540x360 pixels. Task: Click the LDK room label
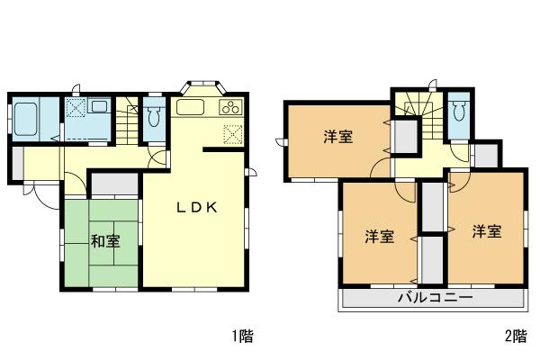(196, 206)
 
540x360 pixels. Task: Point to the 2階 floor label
(515, 337)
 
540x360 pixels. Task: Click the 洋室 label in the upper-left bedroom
(338, 137)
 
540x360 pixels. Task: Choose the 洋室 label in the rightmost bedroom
(486, 231)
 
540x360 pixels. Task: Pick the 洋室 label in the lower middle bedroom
(379, 237)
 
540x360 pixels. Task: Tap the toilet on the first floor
(154, 115)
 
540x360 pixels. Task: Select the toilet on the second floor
(460, 112)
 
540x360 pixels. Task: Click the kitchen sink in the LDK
(192, 108)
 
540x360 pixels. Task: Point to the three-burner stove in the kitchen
(231, 108)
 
